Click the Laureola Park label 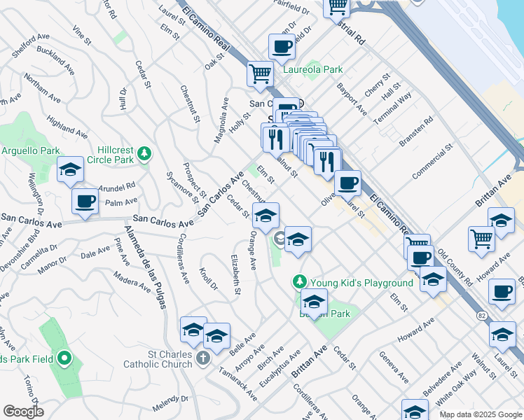tap(312, 69)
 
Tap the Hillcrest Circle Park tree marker tap(144, 152)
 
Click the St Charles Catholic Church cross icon tap(202, 359)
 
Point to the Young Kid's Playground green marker tap(300, 281)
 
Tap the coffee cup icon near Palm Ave tap(85, 202)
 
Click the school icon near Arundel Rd tap(70, 169)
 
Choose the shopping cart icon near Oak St tap(260, 72)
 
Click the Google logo tap(23, 412)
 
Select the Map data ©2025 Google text tap(481, 414)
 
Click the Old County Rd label tap(455, 264)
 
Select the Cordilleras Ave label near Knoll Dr tap(181, 260)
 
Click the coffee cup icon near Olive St tap(347, 183)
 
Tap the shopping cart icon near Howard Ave tap(481, 238)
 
